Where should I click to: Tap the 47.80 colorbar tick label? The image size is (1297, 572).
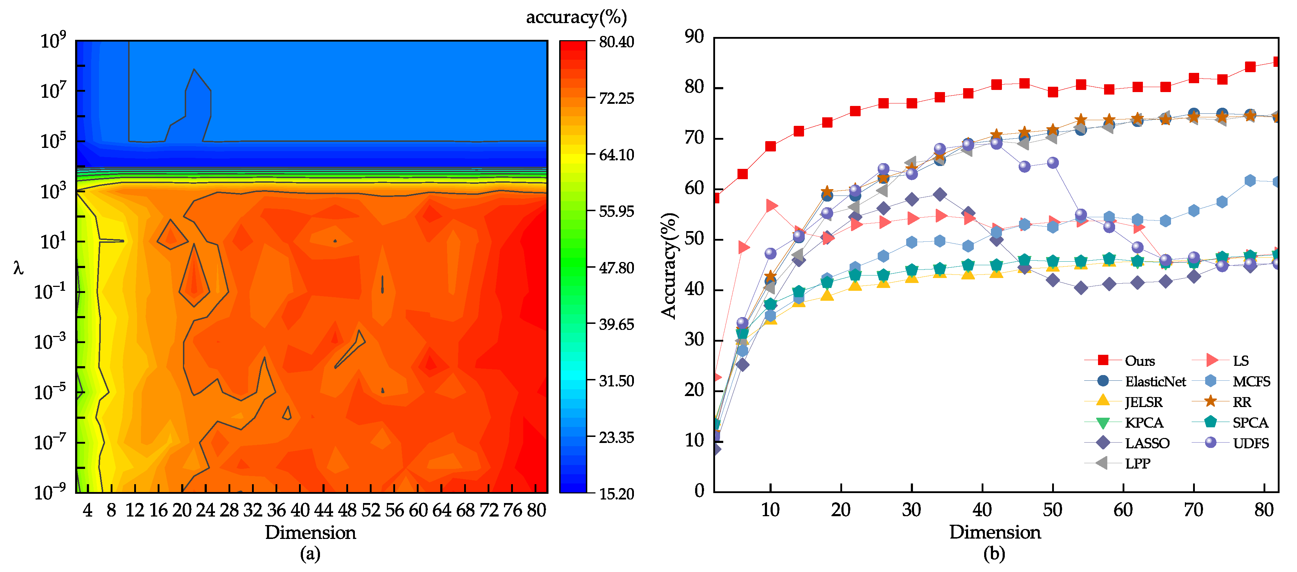[616, 268]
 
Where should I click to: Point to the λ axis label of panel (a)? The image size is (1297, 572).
[18, 268]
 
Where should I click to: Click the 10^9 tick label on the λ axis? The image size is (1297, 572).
[53, 40]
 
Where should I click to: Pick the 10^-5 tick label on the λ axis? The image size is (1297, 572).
[50, 391]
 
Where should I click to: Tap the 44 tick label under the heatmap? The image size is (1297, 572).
[324, 510]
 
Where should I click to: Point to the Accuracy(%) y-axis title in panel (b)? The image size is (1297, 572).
[669, 266]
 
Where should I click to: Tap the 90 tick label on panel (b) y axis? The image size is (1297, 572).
[694, 36]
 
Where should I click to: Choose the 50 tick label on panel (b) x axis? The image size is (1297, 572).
[1052, 510]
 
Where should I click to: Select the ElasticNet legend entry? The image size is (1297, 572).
[1155, 381]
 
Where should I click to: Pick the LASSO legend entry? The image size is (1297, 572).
[1147, 443]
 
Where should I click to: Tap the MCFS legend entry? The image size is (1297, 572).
[1251, 381]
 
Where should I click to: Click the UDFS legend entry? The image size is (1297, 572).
[1251, 443]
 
